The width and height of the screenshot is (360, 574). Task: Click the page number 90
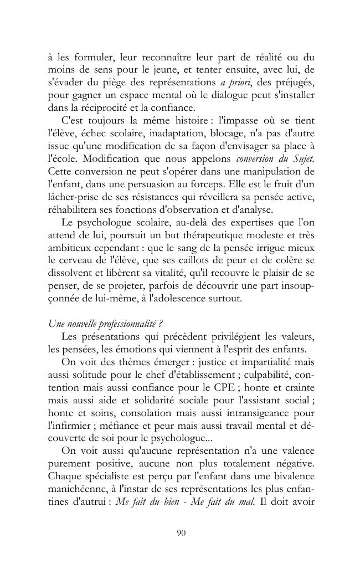pos(180,533)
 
